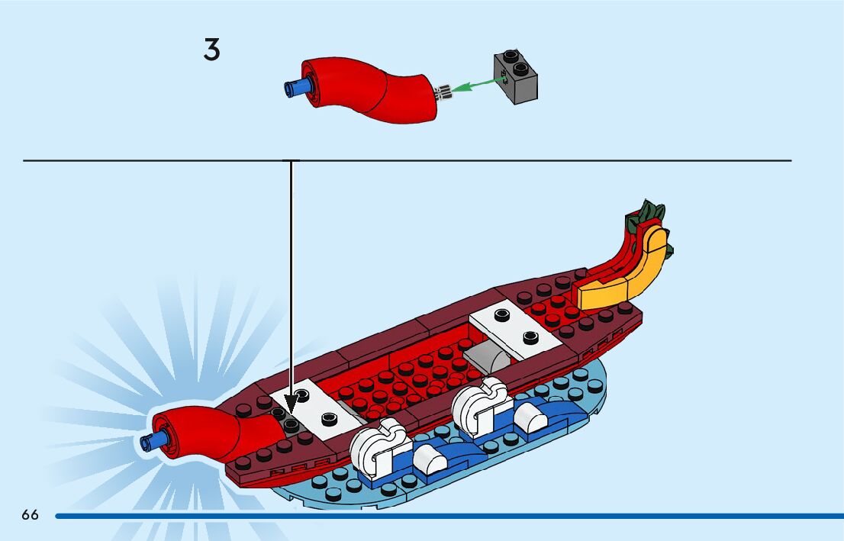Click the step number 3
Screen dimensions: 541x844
[x=211, y=50]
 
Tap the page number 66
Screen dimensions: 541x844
[x=30, y=515]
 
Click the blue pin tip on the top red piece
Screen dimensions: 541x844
[x=292, y=87]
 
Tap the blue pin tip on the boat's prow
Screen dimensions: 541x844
[x=149, y=441]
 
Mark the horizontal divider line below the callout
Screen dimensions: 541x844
[x=534, y=160]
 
